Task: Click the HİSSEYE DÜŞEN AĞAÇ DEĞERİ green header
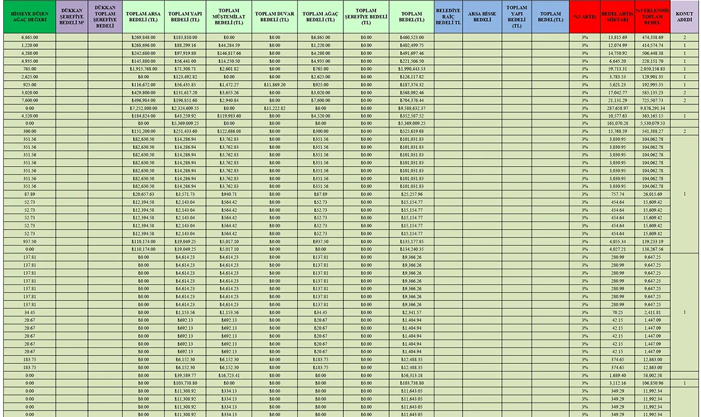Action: [28, 17]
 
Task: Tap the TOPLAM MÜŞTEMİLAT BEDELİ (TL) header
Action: [228, 17]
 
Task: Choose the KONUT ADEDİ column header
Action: [685, 17]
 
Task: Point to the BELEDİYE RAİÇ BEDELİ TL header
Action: [448, 17]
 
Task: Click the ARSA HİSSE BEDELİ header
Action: [482, 17]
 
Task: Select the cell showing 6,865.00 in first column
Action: [28, 37]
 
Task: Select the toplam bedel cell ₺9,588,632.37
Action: [412, 108]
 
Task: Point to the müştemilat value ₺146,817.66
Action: [228, 53]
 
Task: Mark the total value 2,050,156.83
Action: [653, 69]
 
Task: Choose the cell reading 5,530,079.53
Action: [653, 123]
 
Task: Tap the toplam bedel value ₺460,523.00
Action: [412, 37]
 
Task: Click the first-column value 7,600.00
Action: [28, 100]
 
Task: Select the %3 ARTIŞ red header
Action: [584, 17]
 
